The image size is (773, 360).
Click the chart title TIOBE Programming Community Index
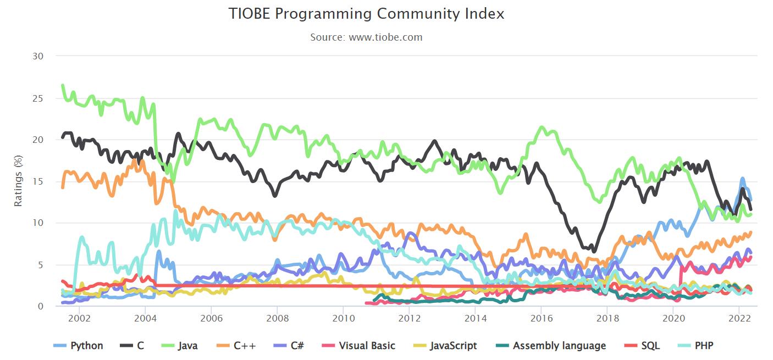[366, 14]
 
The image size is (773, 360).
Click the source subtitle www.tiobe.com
[366, 37]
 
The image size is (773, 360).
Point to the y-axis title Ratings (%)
[18, 180]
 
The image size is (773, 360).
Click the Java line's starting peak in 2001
[63, 85]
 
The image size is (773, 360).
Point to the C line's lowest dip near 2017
[594, 252]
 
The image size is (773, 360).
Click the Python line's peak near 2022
[742, 179]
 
